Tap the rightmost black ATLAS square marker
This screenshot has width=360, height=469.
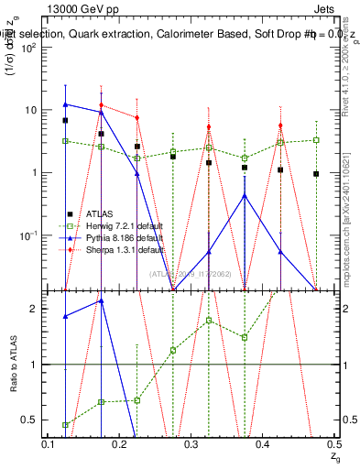[316, 174]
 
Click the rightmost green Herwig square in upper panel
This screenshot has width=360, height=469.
[316, 140]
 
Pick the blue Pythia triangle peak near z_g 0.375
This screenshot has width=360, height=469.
[245, 195]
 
